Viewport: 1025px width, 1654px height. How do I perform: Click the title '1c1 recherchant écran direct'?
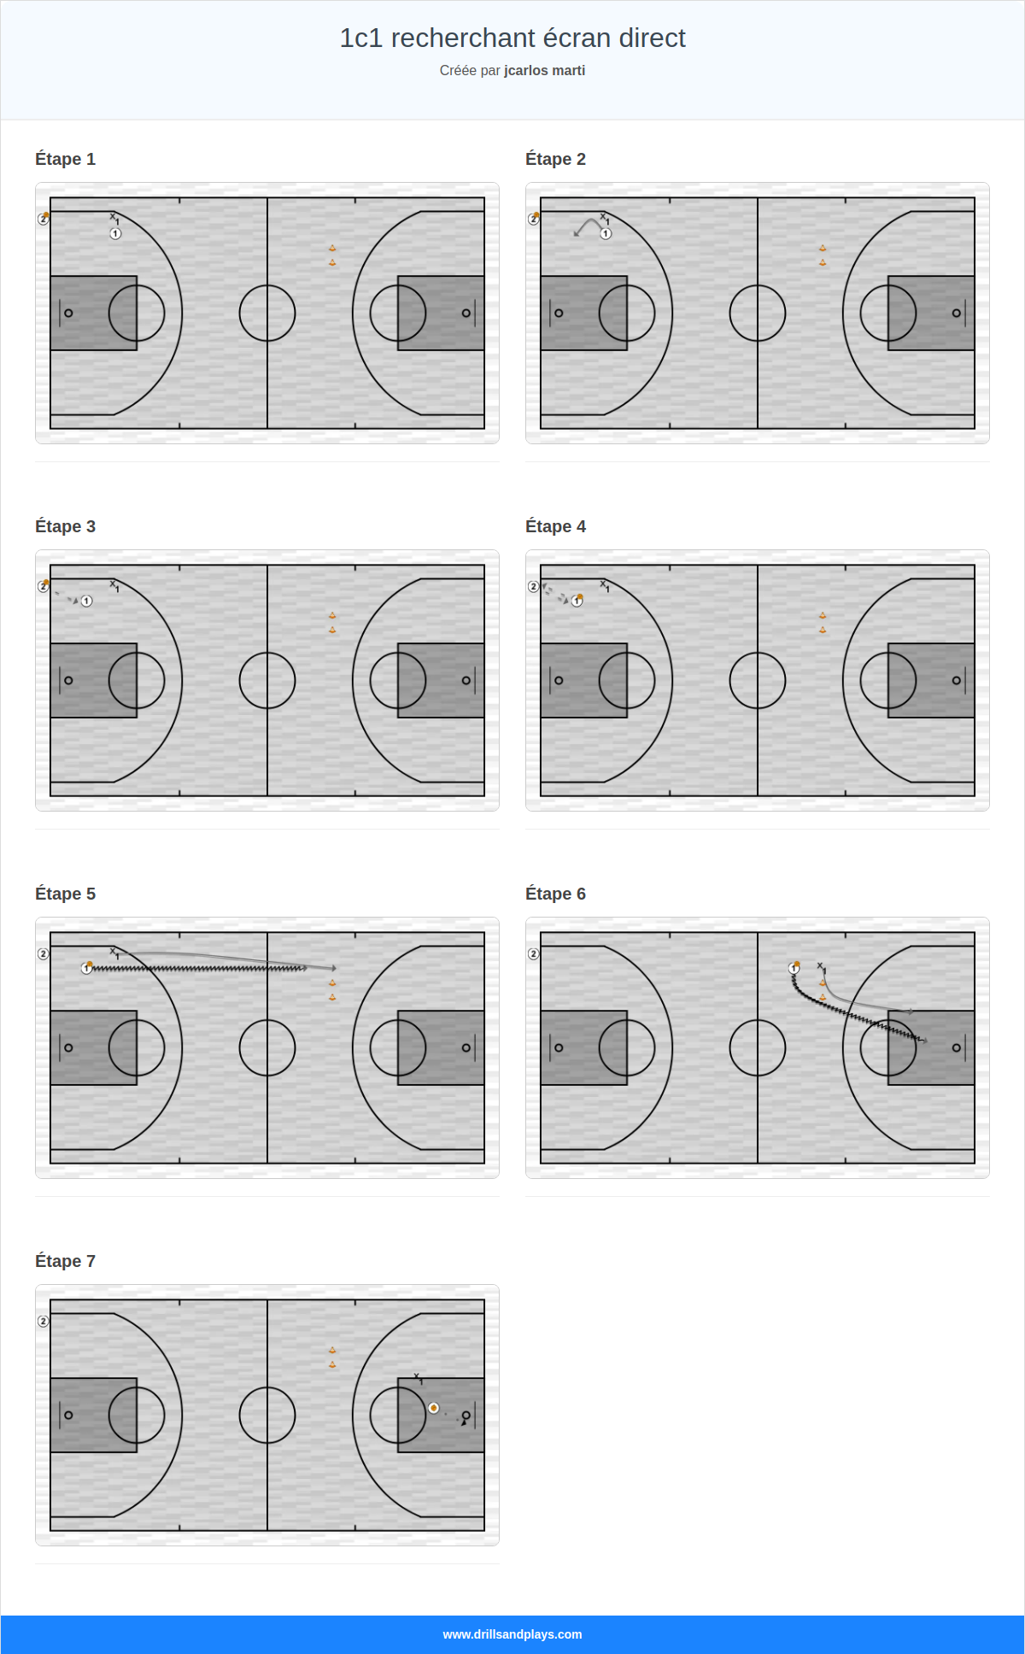512,38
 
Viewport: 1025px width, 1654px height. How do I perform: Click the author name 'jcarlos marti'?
544,71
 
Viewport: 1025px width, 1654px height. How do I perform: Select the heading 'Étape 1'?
65,159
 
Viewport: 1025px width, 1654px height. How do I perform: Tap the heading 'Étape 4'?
555,526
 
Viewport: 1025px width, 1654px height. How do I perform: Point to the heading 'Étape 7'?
65,1261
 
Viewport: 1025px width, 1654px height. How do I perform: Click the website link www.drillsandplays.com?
512,1634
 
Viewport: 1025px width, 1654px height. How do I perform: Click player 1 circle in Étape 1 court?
115,233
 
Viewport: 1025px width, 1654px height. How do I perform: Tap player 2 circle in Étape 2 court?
534,219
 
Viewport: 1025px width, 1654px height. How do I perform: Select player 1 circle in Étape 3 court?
87,601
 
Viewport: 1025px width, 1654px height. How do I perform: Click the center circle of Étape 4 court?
758,680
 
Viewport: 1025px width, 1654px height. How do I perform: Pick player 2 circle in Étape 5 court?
44,953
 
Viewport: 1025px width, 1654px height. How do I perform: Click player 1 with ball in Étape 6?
794,968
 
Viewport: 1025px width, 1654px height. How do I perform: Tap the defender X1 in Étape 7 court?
418,1377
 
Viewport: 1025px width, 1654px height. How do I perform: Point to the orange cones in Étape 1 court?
332,255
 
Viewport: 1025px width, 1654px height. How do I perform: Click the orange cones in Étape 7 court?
332,1358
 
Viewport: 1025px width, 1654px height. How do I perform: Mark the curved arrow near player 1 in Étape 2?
588,226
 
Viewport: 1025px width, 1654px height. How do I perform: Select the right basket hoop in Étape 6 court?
956,1047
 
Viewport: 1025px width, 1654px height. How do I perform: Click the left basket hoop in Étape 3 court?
68,680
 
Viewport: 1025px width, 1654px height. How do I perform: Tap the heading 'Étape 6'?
555,894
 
